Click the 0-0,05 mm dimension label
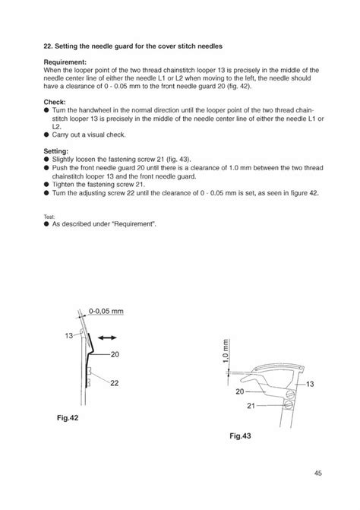(x=106, y=311)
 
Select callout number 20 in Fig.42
(x=115, y=353)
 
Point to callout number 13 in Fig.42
(x=68, y=335)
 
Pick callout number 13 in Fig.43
(x=309, y=385)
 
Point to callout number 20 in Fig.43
(x=239, y=392)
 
